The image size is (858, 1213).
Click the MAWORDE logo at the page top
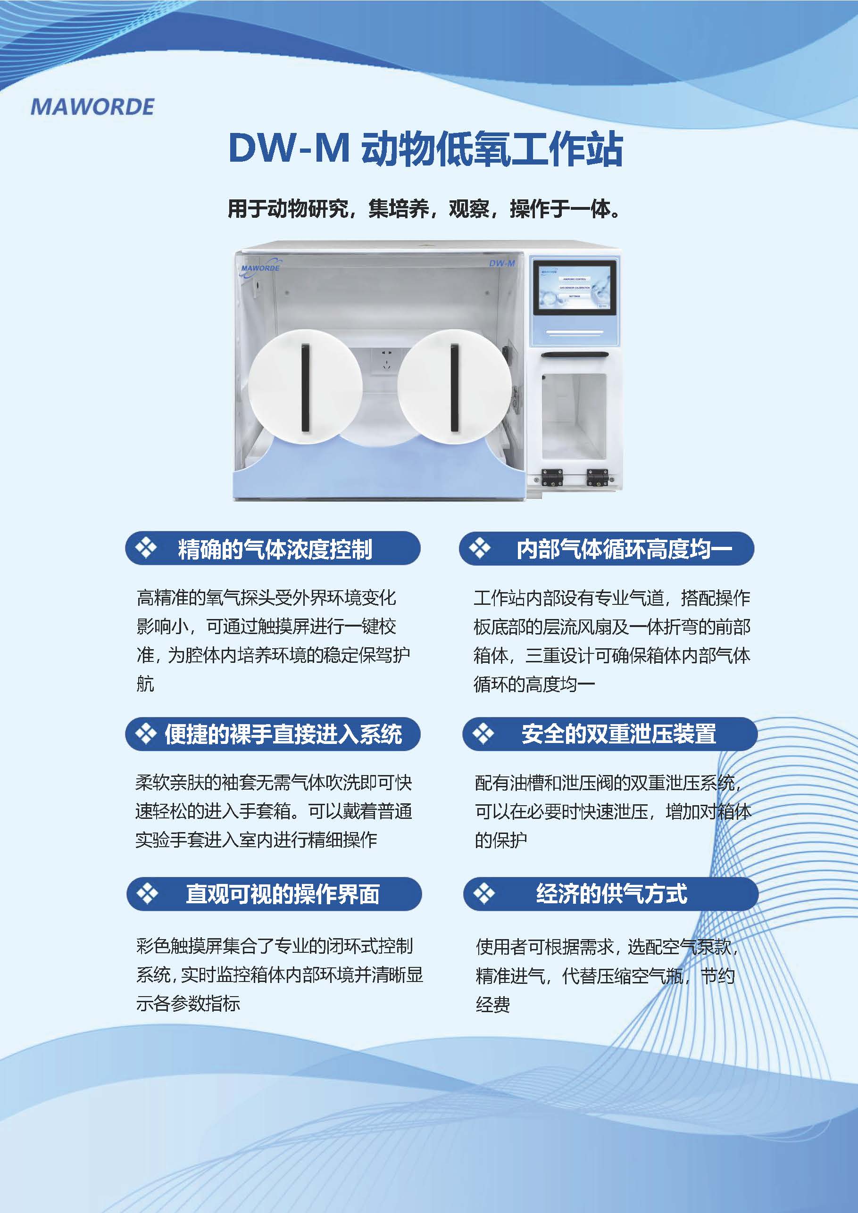tap(92, 107)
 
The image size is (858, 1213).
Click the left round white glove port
tap(305, 386)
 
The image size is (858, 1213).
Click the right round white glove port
tap(454, 386)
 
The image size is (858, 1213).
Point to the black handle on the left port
tap(305, 387)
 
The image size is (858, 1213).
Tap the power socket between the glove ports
tap(386, 360)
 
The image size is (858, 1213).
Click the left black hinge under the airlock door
tap(551, 477)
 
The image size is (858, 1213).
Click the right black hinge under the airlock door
tap(597, 477)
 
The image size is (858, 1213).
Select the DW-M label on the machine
tap(502, 263)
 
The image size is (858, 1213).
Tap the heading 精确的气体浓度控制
tap(275, 549)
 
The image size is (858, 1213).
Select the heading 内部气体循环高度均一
tap(625, 549)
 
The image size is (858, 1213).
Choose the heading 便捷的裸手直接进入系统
tap(283, 734)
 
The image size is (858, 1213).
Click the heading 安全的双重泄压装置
tap(618, 734)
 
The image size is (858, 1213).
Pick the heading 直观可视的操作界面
tap(283, 894)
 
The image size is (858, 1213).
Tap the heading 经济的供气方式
tap(612, 894)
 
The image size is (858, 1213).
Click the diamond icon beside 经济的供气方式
tap(483, 893)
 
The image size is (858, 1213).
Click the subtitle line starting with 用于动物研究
tap(424, 209)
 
